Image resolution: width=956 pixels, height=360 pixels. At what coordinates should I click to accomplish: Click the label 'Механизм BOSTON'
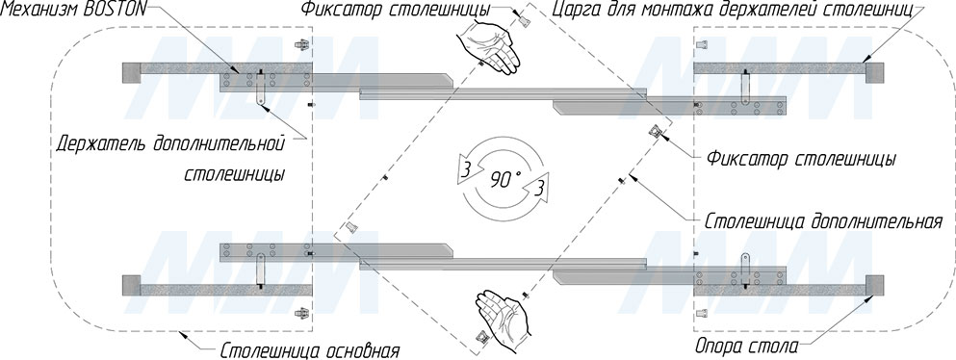(x=74, y=9)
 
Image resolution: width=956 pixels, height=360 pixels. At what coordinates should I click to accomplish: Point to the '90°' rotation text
(x=505, y=180)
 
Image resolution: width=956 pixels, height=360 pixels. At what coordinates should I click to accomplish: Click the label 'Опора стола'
(x=747, y=347)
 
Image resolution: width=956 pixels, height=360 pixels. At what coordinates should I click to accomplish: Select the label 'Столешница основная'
(x=310, y=351)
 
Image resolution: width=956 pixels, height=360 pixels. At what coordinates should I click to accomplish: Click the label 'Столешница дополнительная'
(x=824, y=220)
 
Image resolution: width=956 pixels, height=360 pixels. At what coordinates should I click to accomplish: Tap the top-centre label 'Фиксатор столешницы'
(x=395, y=10)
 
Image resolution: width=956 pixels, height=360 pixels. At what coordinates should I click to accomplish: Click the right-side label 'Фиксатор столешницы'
(x=801, y=160)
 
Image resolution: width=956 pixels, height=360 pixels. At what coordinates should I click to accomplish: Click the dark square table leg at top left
(x=132, y=72)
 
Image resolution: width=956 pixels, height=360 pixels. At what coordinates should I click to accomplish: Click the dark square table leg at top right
(x=874, y=72)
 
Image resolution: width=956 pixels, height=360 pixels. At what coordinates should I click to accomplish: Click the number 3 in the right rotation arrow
(x=538, y=189)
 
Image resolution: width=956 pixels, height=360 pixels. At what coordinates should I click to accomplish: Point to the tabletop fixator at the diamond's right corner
(x=656, y=132)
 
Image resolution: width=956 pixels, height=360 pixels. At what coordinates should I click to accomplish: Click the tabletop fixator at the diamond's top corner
(x=523, y=19)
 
